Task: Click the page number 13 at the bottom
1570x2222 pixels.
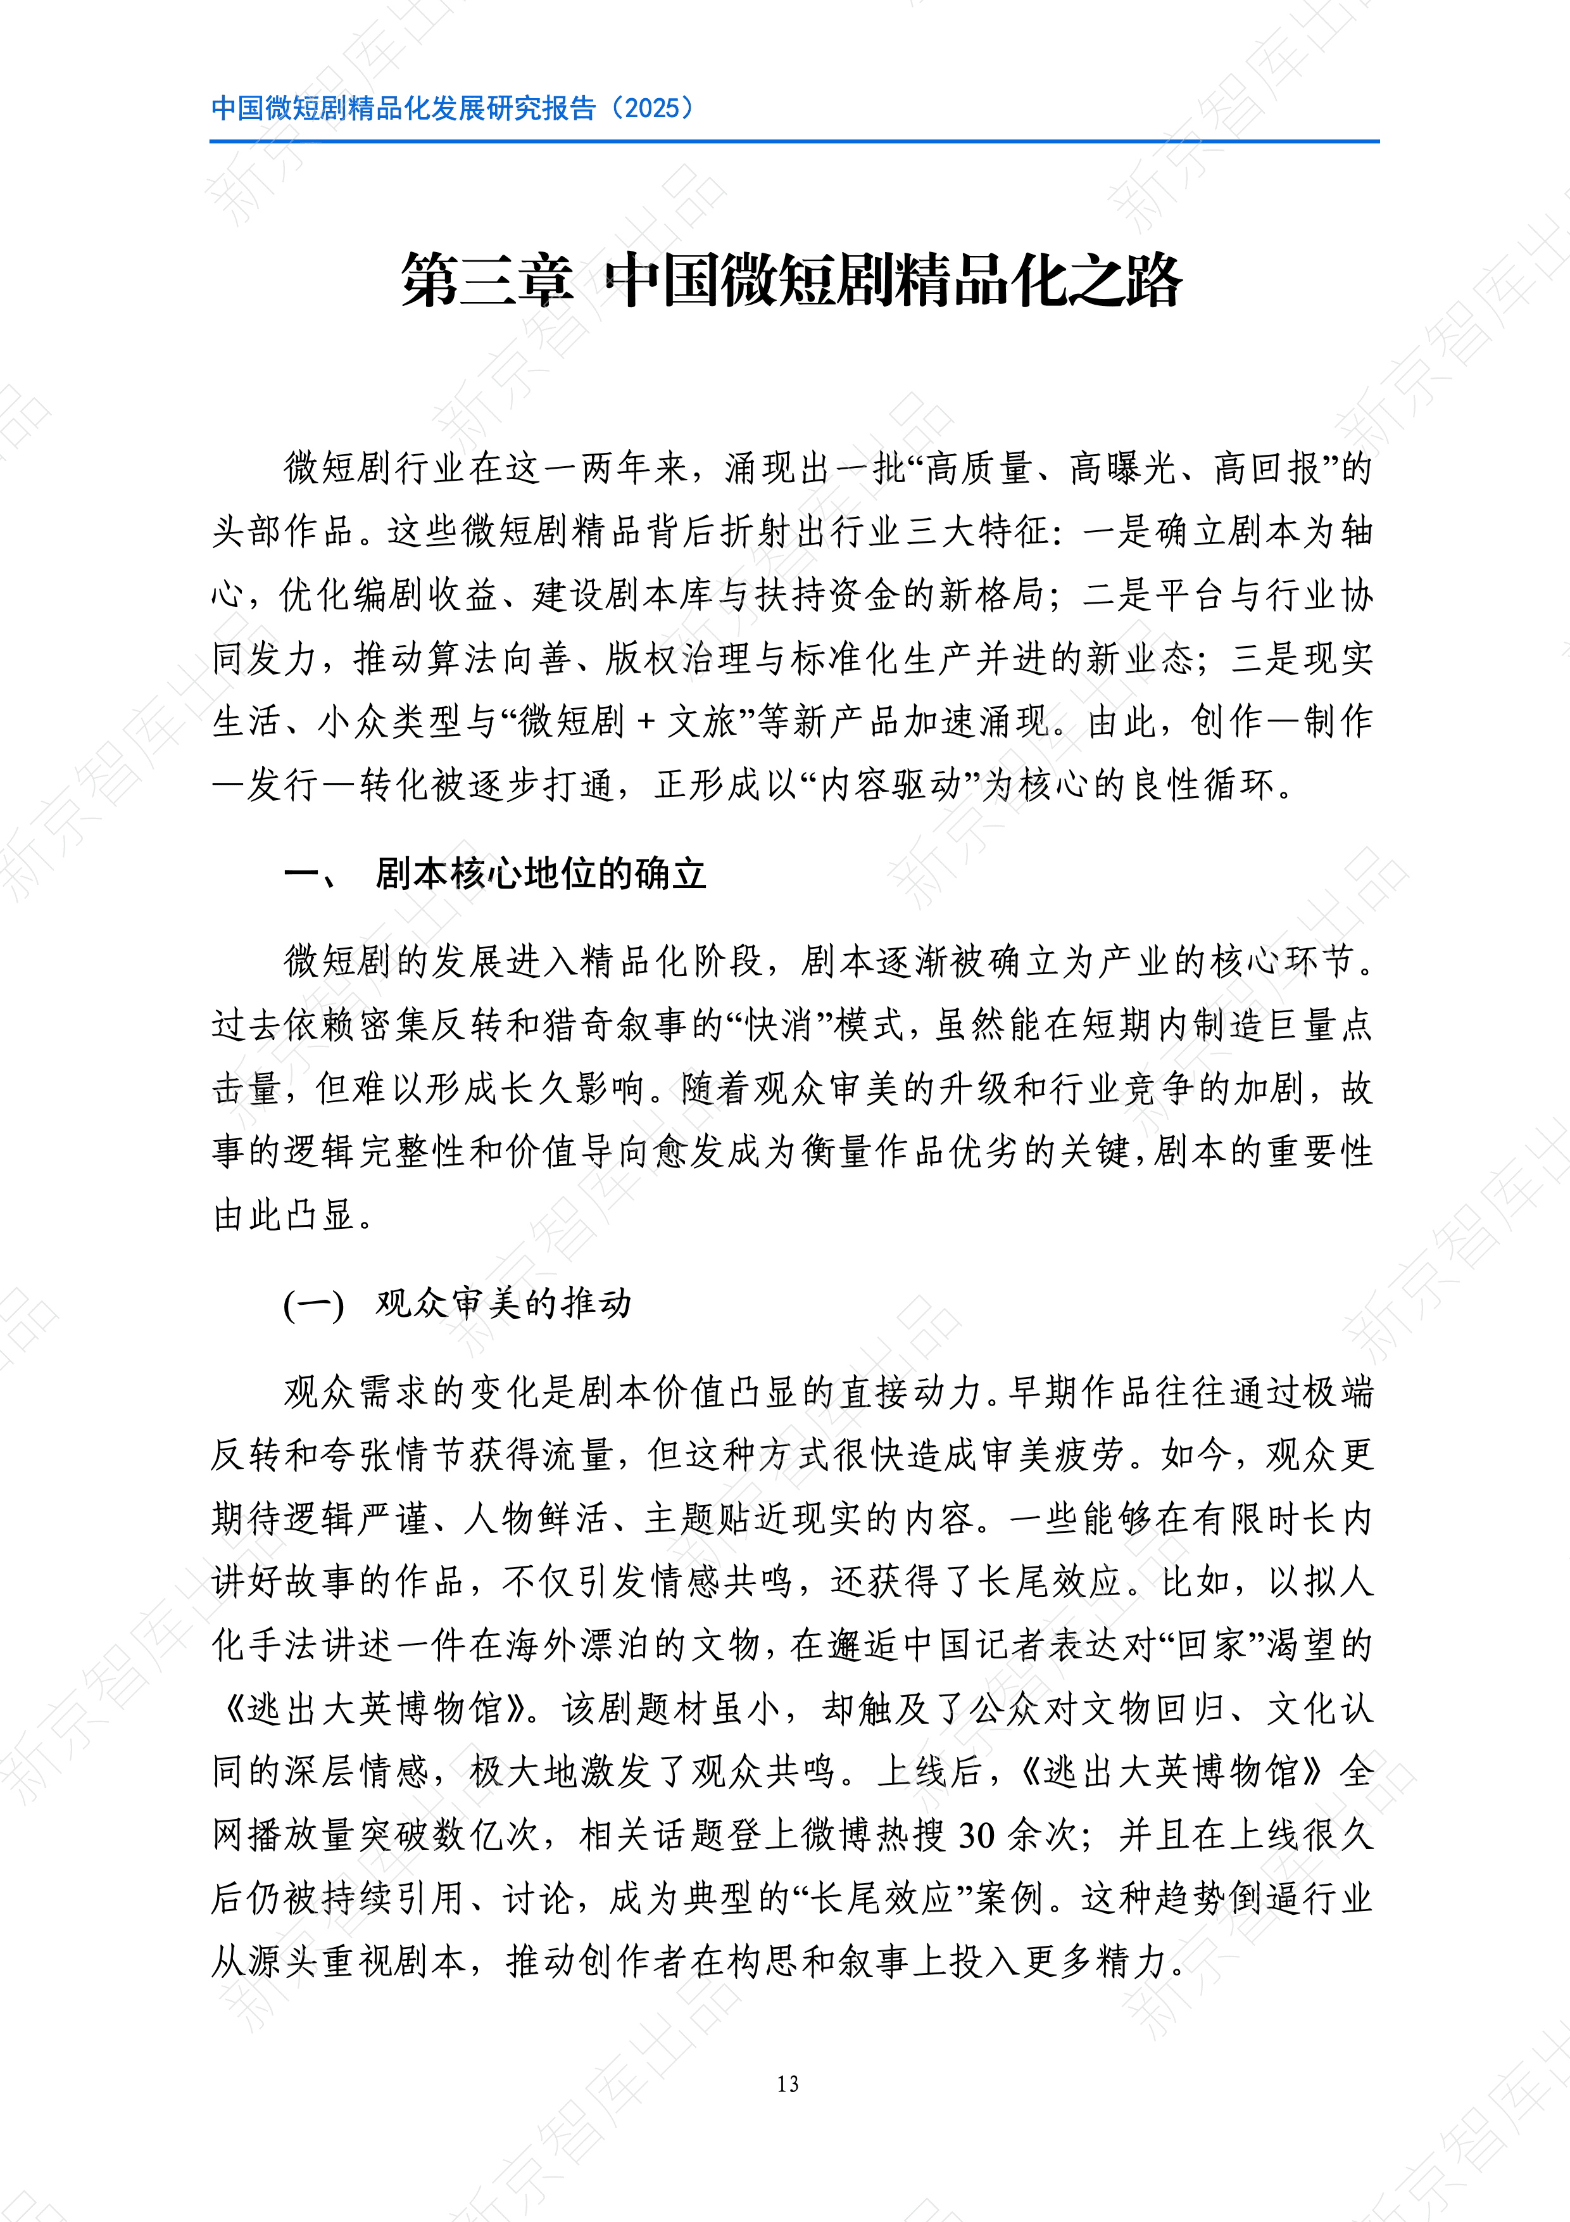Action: pos(788,2084)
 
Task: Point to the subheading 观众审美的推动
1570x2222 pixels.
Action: pos(503,1304)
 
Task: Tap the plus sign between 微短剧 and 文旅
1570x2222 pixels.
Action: pos(646,722)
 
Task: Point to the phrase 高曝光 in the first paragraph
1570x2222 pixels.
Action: pos(1122,468)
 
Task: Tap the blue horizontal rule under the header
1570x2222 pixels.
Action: pos(793,141)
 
